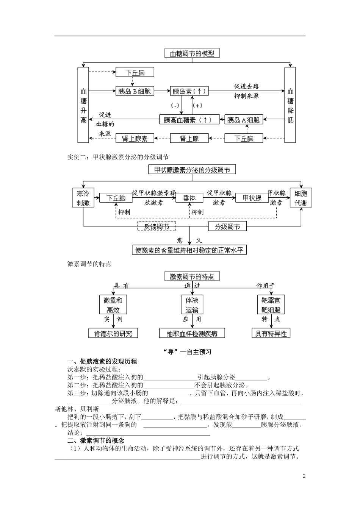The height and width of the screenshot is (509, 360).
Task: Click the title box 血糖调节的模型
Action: click(192, 53)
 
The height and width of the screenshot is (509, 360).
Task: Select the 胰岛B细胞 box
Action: click(135, 91)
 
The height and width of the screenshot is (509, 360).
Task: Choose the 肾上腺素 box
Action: click(135, 138)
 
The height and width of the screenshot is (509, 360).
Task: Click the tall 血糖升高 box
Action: click(83, 105)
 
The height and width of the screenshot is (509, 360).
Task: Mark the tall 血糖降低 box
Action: click(290, 105)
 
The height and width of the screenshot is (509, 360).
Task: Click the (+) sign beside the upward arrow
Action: click(197, 105)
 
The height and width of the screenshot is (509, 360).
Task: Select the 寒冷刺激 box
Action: click(83, 198)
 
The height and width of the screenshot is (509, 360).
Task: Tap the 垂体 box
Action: click(189, 198)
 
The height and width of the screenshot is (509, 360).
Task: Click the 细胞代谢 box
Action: click(301, 198)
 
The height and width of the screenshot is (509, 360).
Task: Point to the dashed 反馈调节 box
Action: click(157, 226)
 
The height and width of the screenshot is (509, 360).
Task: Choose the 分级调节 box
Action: click(227, 226)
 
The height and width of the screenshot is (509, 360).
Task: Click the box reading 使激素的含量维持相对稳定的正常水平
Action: click(189, 250)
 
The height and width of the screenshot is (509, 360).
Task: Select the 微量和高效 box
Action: click(113, 305)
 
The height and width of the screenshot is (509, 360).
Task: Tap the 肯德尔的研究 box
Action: click(113, 333)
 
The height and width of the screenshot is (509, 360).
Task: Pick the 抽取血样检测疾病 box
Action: click(192, 333)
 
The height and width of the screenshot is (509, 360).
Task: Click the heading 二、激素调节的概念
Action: click(95, 440)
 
